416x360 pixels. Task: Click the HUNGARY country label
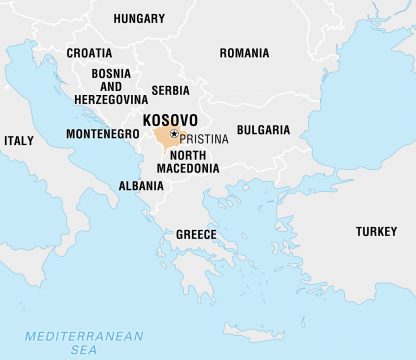[139, 18]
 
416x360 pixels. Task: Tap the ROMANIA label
[244, 52]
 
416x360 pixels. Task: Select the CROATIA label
[89, 52]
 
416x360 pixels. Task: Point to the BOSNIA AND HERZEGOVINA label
[110, 86]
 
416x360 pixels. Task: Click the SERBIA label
[169, 90]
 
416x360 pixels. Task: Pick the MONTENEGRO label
[102, 133]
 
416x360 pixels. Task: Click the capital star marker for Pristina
[174, 133]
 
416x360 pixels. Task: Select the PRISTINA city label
[204, 138]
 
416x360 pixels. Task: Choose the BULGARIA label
[264, 130]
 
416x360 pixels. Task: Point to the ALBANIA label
[141, 186]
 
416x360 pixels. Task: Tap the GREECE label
[196, 234]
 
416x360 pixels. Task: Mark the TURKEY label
[376, 232]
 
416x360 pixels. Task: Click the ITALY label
[18, 141]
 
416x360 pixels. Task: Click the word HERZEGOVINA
[110, 99]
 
